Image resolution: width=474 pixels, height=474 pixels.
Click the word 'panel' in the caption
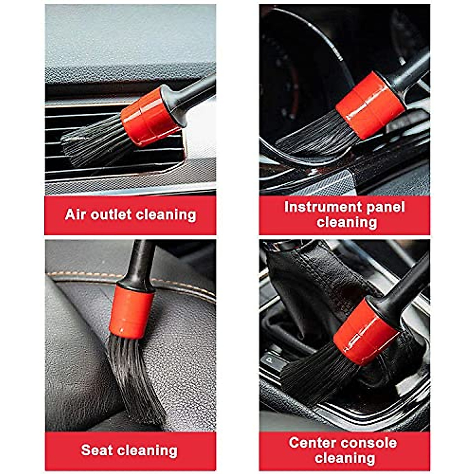click(384, 207)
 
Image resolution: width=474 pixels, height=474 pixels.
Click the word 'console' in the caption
click(371, 442)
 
